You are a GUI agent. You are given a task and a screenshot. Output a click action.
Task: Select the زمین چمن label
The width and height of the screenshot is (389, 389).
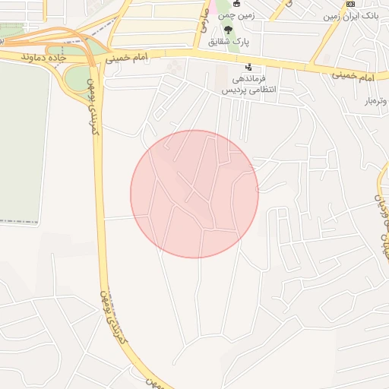(236, 16)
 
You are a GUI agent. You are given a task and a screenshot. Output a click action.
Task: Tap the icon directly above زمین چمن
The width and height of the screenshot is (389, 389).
(236, 4)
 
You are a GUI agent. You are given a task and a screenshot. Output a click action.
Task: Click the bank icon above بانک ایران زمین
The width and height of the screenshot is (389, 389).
(350, 4)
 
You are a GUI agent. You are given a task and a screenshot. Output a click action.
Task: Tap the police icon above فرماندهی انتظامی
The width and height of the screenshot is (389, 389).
(248, 67)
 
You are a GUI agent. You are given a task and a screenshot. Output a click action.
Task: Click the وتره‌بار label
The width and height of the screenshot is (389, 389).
(375, 100)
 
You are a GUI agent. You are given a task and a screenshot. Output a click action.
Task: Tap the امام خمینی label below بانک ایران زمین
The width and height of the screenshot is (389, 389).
(354, 77)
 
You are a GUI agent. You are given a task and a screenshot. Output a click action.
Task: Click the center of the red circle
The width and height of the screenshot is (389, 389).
(194, 194)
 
